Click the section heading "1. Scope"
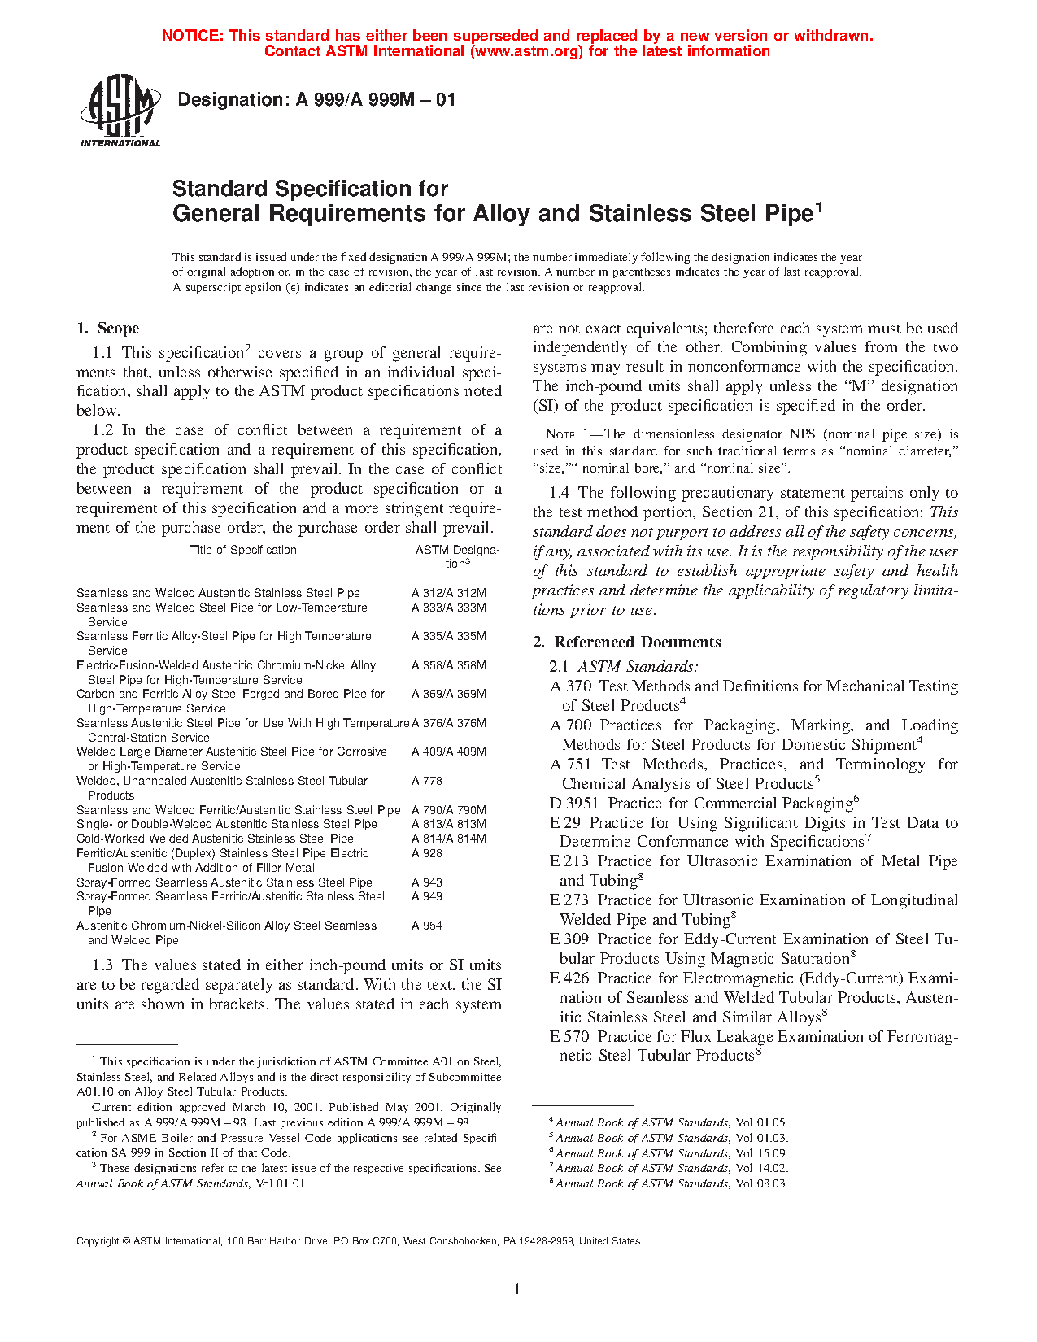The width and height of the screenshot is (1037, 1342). click(x=107, y=329)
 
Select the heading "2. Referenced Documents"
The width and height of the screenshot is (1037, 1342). click(x=626, y=643)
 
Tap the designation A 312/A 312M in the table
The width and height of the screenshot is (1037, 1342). click(x=448, y=593)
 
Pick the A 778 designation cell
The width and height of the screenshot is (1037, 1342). click(x=427, y=781)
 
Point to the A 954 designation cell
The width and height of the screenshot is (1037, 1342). click(x=427, y=926)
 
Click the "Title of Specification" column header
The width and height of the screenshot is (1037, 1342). click(x=243, y=550)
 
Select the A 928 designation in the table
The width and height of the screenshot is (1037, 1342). click(x=427, y=853)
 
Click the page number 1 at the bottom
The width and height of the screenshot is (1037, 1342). click(x=517, y=1288)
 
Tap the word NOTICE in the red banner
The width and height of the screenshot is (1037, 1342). click(x=192, y=36)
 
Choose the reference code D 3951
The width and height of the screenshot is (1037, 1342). click(x=574, y=804)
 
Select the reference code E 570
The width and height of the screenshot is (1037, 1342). click(x=569, y=1037)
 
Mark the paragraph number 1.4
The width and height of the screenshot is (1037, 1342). click(x=560, y=493)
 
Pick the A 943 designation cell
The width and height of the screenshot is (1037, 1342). click(x=427, y=882)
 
